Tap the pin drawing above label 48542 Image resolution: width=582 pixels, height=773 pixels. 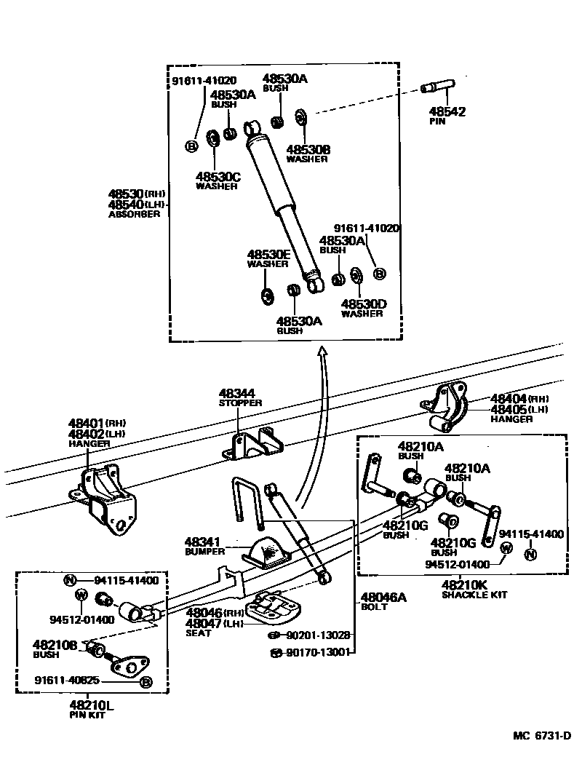[x=436, y=89]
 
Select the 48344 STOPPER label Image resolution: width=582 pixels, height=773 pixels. [x=237, y=397]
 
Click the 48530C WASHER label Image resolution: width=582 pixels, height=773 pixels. [x=217, y=180]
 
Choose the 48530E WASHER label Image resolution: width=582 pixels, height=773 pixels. [x=268, y=258]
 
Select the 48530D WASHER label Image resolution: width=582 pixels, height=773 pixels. [x=362, y=308]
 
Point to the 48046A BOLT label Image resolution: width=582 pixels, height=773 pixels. [x=383, y=601]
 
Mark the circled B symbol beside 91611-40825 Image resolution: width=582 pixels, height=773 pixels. [x=145, y=682]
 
